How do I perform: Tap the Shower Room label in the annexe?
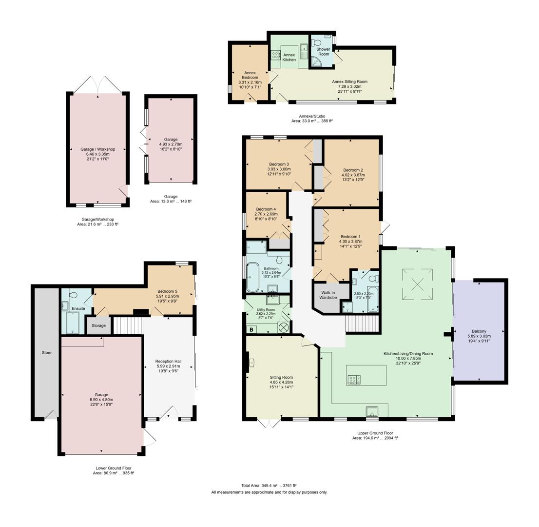[x=323, y=51]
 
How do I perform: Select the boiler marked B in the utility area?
[x=251, y=329]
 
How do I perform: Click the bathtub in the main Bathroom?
[x=253, y=277]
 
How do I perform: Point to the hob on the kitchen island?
[x=354, y=379]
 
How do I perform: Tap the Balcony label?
[x=479, y=331]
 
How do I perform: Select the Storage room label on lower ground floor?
[x=98, y=325]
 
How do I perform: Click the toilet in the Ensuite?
[x=74, y=295]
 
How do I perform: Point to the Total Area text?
[x=269, y=486]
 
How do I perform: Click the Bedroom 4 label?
[x=266, y=209]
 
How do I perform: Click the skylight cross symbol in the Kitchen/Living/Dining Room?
[x=418, y=284]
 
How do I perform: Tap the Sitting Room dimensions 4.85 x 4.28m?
[x=281, y=382]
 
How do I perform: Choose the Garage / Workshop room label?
[x=98, y=149]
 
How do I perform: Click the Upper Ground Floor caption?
[x=375, y=433]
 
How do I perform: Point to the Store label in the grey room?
[x=46, y=352]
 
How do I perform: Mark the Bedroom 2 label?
[x=353, y=170]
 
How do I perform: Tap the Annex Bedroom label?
[x=250, y=75]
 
